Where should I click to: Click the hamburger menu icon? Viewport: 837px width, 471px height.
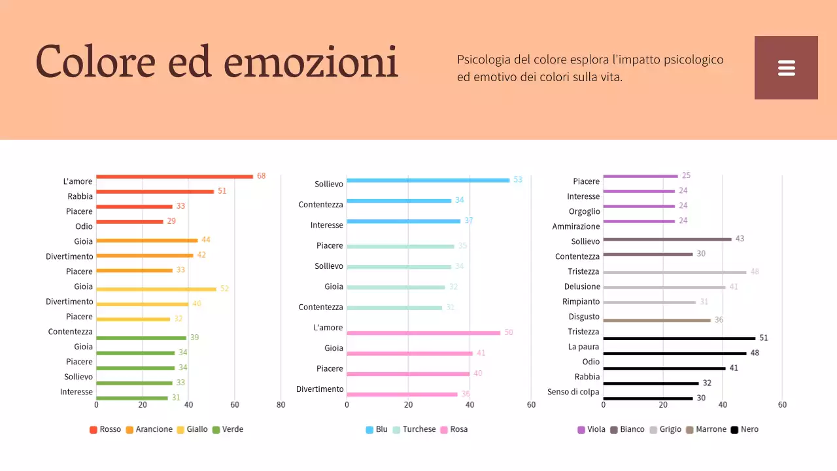coord(786,68)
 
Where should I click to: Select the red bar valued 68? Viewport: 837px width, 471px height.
coord(174,177)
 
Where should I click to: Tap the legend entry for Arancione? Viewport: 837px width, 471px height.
coord(149,430)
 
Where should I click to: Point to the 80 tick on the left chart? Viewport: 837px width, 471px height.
coord(281,405)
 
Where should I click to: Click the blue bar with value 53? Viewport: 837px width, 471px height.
coord(428,180)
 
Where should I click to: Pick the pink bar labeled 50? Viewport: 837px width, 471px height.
coord(423,333)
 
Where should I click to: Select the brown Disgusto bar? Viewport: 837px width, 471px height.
coord(657,321)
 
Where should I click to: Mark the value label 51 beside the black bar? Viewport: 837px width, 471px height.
coord(763,338)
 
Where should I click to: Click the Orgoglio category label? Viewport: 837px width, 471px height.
coord(584,211)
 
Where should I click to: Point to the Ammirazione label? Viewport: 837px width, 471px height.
coord(575,226)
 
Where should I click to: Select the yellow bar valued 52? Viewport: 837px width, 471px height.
coord(156,289)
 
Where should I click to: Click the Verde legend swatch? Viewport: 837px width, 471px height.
coord(216,430)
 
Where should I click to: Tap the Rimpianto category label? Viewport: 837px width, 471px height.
coord(581,302)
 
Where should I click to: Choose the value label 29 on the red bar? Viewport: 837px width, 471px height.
coord(171,221)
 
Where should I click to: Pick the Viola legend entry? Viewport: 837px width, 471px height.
coord(591,430)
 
